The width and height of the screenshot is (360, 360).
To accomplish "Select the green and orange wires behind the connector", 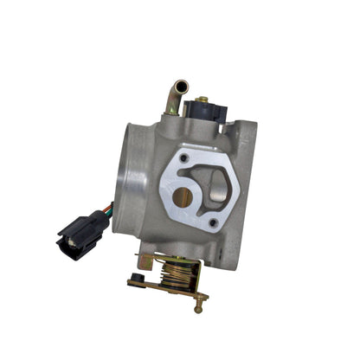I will [x=105, y=209].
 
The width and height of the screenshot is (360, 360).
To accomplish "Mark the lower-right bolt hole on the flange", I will [x=213, y=222].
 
